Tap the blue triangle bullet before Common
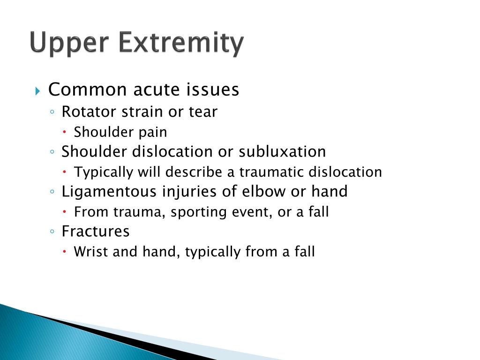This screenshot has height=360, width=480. [x=38, y=90]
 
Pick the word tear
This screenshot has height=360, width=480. [x=203, y=112]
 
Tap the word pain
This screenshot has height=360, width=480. [x=152, y=133]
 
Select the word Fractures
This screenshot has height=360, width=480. [x=96, y=232]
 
